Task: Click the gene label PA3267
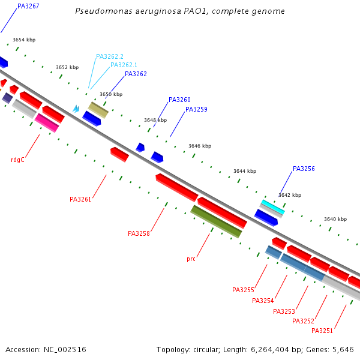(x=28, y=6)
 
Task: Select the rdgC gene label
(x=17, y=160)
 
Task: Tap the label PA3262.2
(x=109, y=56)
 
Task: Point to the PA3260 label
(x=179, y=100)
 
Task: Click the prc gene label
(x=191, y=259)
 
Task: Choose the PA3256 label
(x=304, y=169)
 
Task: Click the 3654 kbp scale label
(x=24, y=40)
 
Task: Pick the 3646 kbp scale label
(x=200, y=146)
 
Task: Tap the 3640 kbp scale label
(x=335, y=219)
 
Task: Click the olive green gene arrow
(x=216, y=221)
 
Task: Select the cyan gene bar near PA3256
(x=272, y=206)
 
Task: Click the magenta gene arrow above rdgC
(x=46, y=122)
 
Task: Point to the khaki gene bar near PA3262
(x=98, y=110)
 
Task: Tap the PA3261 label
(x=80, y=199)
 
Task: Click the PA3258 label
(x=139, y=233)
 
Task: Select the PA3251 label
(x=322, y=331)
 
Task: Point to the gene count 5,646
(x=343, y=349)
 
